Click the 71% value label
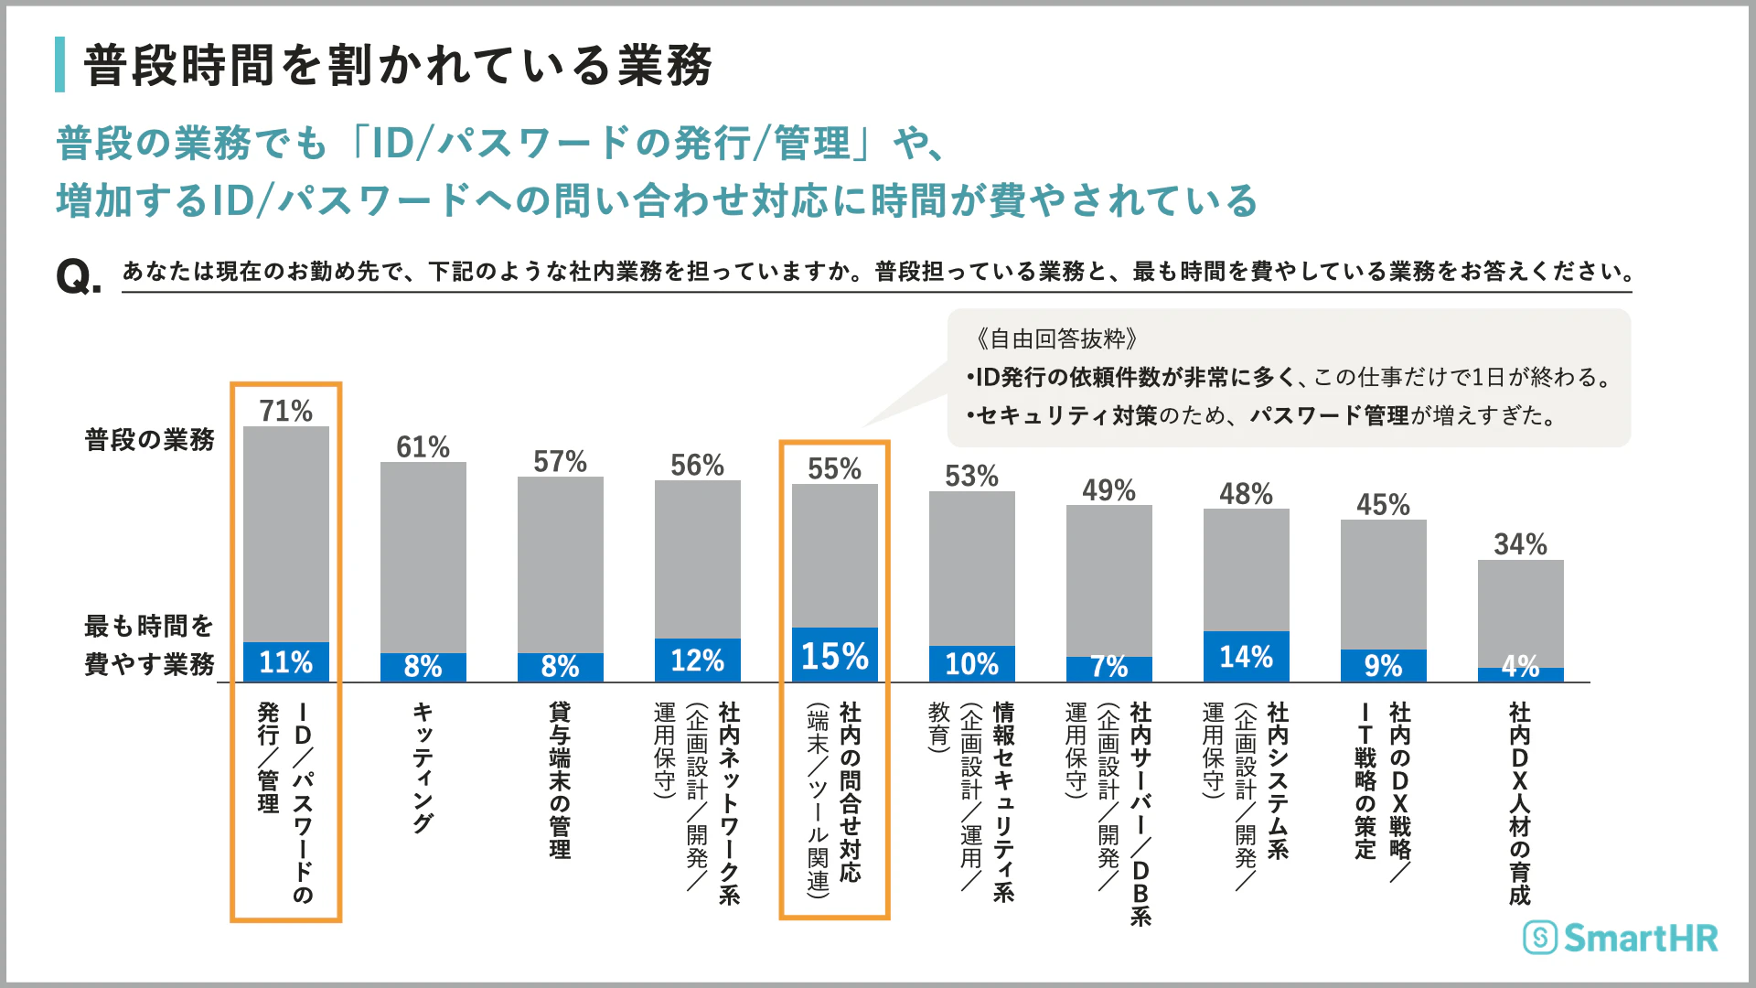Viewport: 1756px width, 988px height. click(285, 411)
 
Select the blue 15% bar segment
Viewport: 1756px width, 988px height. click(834, 655)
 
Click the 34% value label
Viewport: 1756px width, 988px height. click(1520, 544)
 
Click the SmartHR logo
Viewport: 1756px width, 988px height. click(1621, 938)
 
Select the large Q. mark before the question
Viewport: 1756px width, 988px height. click(79, 275)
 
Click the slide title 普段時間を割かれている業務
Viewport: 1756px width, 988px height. click(398, 66)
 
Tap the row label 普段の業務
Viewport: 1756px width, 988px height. click(149, 440)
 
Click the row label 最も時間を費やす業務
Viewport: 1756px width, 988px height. click(149, 645)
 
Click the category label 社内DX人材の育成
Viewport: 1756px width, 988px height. click(1519, 803)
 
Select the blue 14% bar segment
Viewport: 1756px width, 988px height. click(1246, 657)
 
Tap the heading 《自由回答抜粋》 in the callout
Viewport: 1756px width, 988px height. click(1056, 339)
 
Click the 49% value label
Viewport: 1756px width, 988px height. click(1108, 490)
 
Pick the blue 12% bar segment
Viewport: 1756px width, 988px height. click(697, 660)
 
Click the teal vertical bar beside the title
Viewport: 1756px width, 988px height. click(59, 64)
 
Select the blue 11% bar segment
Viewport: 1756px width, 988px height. click(285, 661)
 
